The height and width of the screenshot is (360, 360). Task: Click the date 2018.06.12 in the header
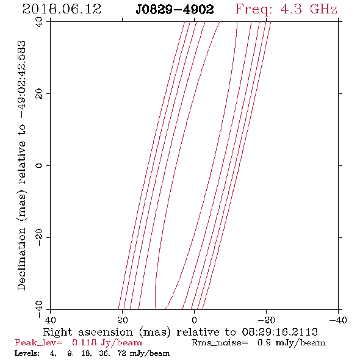pyautogui.click(x=62, y=9)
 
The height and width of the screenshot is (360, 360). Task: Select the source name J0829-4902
pyautogui.click(x=175, y=10)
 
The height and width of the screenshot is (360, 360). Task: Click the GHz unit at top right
pyautogui.click(x=323, y=9)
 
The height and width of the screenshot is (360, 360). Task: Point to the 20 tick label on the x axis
pyautogui.click(x=123, y=320)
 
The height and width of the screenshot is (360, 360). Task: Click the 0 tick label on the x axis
pyautogui.click(x=195, y=320)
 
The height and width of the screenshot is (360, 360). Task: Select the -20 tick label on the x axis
pyautogui.click(x=266, y=320)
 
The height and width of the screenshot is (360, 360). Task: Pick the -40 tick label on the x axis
pyautogui.click(x=338, y=320)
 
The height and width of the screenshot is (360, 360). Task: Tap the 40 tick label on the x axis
pyautogui.click(x=51, y=320)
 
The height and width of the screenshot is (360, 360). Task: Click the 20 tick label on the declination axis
pyautogui.click(x=39, y=94)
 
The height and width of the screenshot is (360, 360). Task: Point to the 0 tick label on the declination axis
pyautogui.click(x=39, y=165)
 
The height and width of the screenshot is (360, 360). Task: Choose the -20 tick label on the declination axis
pyautogui.click(x=39, y=237)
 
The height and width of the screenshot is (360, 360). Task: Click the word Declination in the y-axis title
pyautogui.click(x=21, y=259)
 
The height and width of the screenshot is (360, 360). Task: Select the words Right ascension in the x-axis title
pyautogui.click(x=88, y=332)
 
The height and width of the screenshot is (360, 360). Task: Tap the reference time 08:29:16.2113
pyautogui.click(x=280, y=332)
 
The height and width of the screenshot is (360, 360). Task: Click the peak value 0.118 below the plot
pyautogui.click(x=84, y=343)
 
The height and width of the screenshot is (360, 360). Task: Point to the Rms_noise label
pyautogui.click(x=220, y=343)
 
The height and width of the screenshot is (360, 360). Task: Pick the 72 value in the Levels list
pyautogui.click(x=121, y=353)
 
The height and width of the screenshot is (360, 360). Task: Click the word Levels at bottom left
pyautogui.click(x=27, y=353)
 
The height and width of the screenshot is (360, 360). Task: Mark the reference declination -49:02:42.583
pyautogui.click(x=21, y=80)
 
